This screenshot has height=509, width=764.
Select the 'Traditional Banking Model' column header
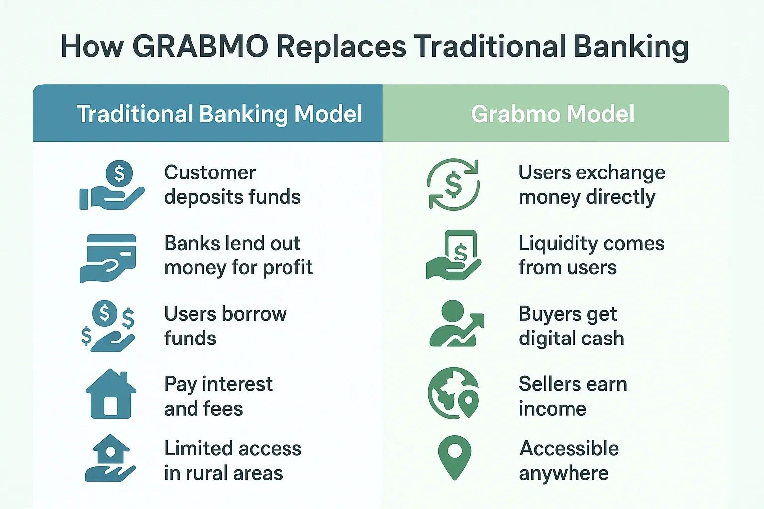pyautogui.click(x=219, y=114)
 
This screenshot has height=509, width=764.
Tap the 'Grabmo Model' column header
pyautogui.click(x=553, y=114)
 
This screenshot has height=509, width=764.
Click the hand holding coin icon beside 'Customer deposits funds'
pyautogui.click(x=112, y=185)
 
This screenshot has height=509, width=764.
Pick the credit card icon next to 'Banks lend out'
pyautogui.click(x=108, y=258)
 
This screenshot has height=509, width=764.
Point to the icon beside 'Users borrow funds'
pyautogui.click(x=108, y=326)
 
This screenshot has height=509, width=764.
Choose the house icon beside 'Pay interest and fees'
pyautogui.click(x=111, y=393)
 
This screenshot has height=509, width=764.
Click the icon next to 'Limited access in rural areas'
pyautogui.click(x=110, y=458)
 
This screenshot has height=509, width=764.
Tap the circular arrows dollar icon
pyautogui.click(x=453, y=183)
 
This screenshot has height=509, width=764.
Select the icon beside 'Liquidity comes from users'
pyautogui.click(x=454, y=254)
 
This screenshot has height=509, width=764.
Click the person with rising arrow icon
pyautogui.click(x=457, y=324)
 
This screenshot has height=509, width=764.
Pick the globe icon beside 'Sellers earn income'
pyautogui.click(x=453, y=393)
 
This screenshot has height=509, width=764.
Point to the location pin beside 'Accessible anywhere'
pyautogui.click(x=454, y=457)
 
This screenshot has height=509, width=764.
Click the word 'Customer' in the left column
pyautogui.click(x=210, y=172)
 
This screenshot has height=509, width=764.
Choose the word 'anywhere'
pyautogui.click(x=564, y=474)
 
